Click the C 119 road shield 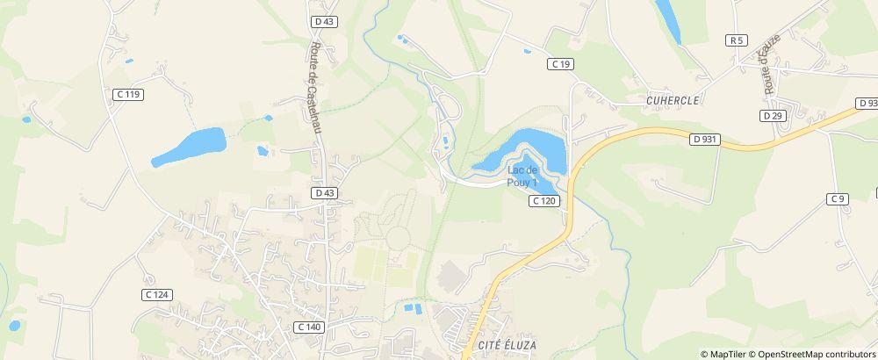tap(128, 94)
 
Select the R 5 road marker tap(736, 40)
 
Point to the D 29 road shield tap(772, 116)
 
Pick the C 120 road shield tap(544, 201)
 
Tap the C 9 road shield tap(838, 199)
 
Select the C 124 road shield tap(155, 294)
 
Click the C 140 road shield tap(309, 327)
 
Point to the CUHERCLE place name tap(672, 101)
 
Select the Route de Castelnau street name tap(315, 88)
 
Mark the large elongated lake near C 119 tap(189, 147)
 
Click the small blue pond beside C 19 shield tap(527, 52)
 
